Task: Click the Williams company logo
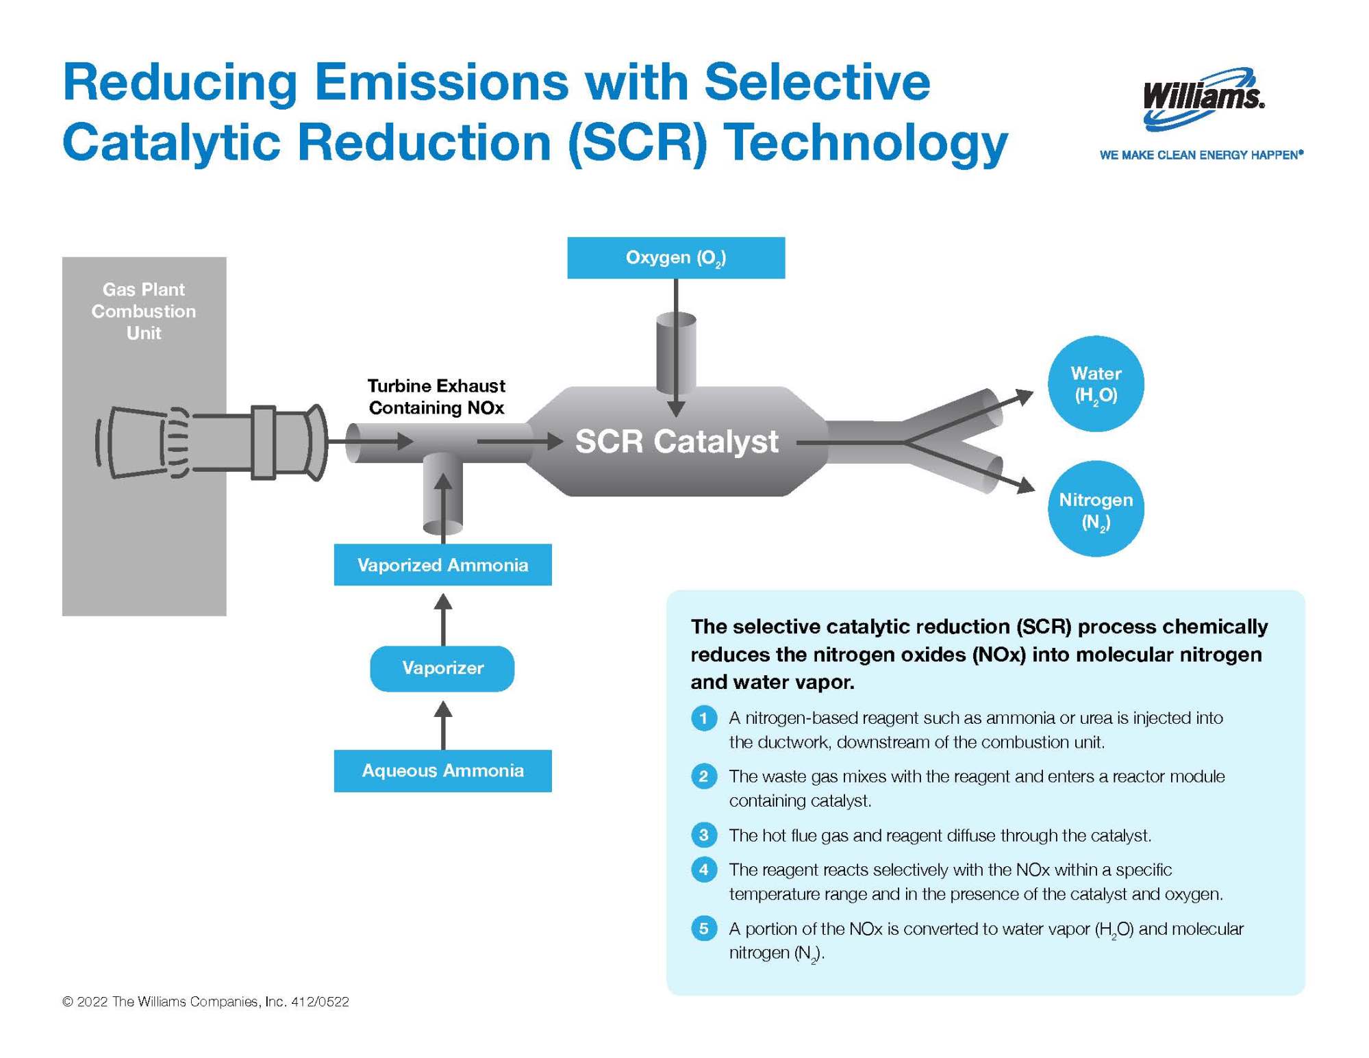tap(1203, 98)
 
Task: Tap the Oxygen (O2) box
tap(675, 257)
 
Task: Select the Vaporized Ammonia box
tap(442, 565)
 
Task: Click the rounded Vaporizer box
tap(442, 668)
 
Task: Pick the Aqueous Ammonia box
tap(442, 770)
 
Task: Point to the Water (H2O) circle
tap(1095, 383)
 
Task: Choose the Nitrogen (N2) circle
tap(1095, 509)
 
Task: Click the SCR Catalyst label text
tap(676, 441)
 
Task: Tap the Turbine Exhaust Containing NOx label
tap(436, 396)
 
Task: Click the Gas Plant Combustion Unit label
tap(144, 311)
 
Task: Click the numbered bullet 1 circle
tap(703, 718)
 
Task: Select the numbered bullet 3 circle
tap(703, 835)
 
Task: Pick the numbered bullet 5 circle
tap(703, 929)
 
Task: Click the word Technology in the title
tap(866, 144)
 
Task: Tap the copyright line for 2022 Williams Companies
tap(205, 1001)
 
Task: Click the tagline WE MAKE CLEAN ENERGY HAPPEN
tap(1201, 155)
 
